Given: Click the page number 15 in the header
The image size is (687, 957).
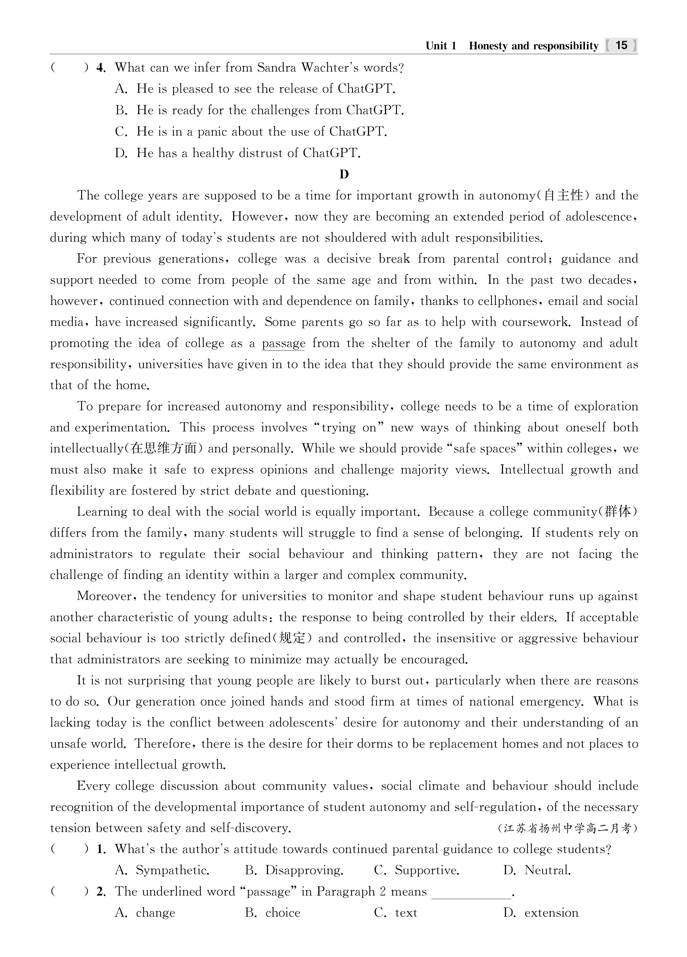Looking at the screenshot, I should tap(621, 45).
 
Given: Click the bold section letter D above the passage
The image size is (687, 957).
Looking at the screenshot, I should tap(344, 174).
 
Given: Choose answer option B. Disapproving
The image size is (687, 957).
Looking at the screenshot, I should tap(294, 871).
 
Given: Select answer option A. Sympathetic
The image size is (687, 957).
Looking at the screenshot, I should tap(162, 871).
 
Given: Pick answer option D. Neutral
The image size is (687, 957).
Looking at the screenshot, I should tap(537, 871).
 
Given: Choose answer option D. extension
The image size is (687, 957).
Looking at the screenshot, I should tap(541, 913).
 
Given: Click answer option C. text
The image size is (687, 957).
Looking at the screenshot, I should tap(396, 913).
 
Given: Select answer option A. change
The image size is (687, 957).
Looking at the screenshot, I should tap(145, 913).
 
